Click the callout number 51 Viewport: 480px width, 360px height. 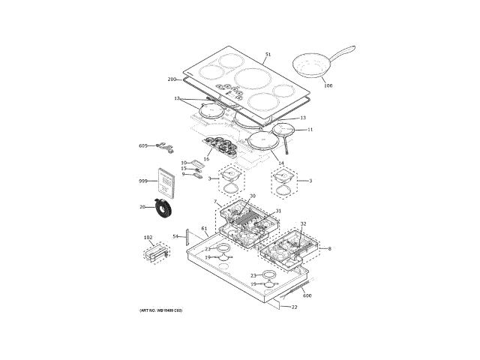(x=268, y=54)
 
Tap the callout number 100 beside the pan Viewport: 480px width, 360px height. (x=328, y=85)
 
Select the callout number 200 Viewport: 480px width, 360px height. (x=171, y=79)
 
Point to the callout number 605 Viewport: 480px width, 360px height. (x=143, y=145)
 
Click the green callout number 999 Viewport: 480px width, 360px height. (x=143, y=182)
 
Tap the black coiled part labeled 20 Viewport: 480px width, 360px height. (x=163, y=207)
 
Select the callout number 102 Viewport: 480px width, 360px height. (x=148, y=238)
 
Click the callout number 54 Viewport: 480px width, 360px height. (x=175, y=236)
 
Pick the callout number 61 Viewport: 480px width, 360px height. (x=203, y=228)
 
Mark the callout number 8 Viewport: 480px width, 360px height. (x=328, y=248)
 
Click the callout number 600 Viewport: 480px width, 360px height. (x=307, y=295)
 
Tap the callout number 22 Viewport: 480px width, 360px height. (x=294, y=307)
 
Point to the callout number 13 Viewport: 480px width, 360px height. (x=303, y=118)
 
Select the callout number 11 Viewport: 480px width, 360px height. (x=310, y=130)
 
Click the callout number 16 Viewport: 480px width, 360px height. (x=206, y=158)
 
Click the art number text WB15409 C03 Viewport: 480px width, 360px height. (x=161, y=310)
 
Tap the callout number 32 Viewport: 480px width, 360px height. (x=303, y=224)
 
